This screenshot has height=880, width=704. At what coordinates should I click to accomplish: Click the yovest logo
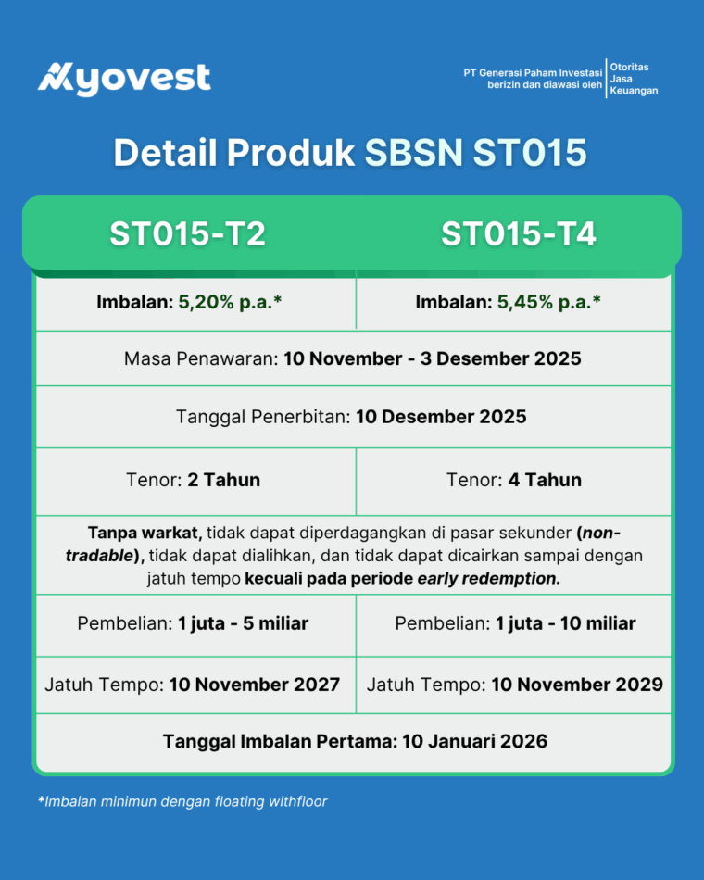click(x=124, y=78)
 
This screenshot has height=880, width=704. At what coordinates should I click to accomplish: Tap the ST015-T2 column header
click(x=188, y=233)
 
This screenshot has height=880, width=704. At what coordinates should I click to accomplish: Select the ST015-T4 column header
click(x=518, y=233)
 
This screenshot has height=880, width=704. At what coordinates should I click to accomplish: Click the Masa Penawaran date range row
click(x=352, y=358)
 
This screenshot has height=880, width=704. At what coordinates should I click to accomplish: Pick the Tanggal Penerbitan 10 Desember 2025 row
click(x=352, y=417)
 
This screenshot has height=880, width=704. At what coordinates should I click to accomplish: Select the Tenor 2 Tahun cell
click(x=193, y=480)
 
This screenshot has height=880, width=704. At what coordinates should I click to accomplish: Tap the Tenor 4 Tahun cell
click(x=514, y=480)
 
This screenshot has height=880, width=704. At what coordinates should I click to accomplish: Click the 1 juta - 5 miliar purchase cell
click(x=193, y=623)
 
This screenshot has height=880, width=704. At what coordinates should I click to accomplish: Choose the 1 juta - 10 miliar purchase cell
click(x=515, y=623)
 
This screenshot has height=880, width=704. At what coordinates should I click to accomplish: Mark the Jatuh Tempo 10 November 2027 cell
click(x=193, y=685)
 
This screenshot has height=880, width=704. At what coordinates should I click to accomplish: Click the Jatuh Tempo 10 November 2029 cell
click(x=515, y=685)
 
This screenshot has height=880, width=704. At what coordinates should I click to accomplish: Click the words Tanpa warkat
click(x=145, y=534)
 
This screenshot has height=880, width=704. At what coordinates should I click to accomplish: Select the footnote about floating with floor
click(x=182, y=801)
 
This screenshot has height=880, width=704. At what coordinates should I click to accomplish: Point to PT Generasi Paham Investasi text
click(x=534, y=72)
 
